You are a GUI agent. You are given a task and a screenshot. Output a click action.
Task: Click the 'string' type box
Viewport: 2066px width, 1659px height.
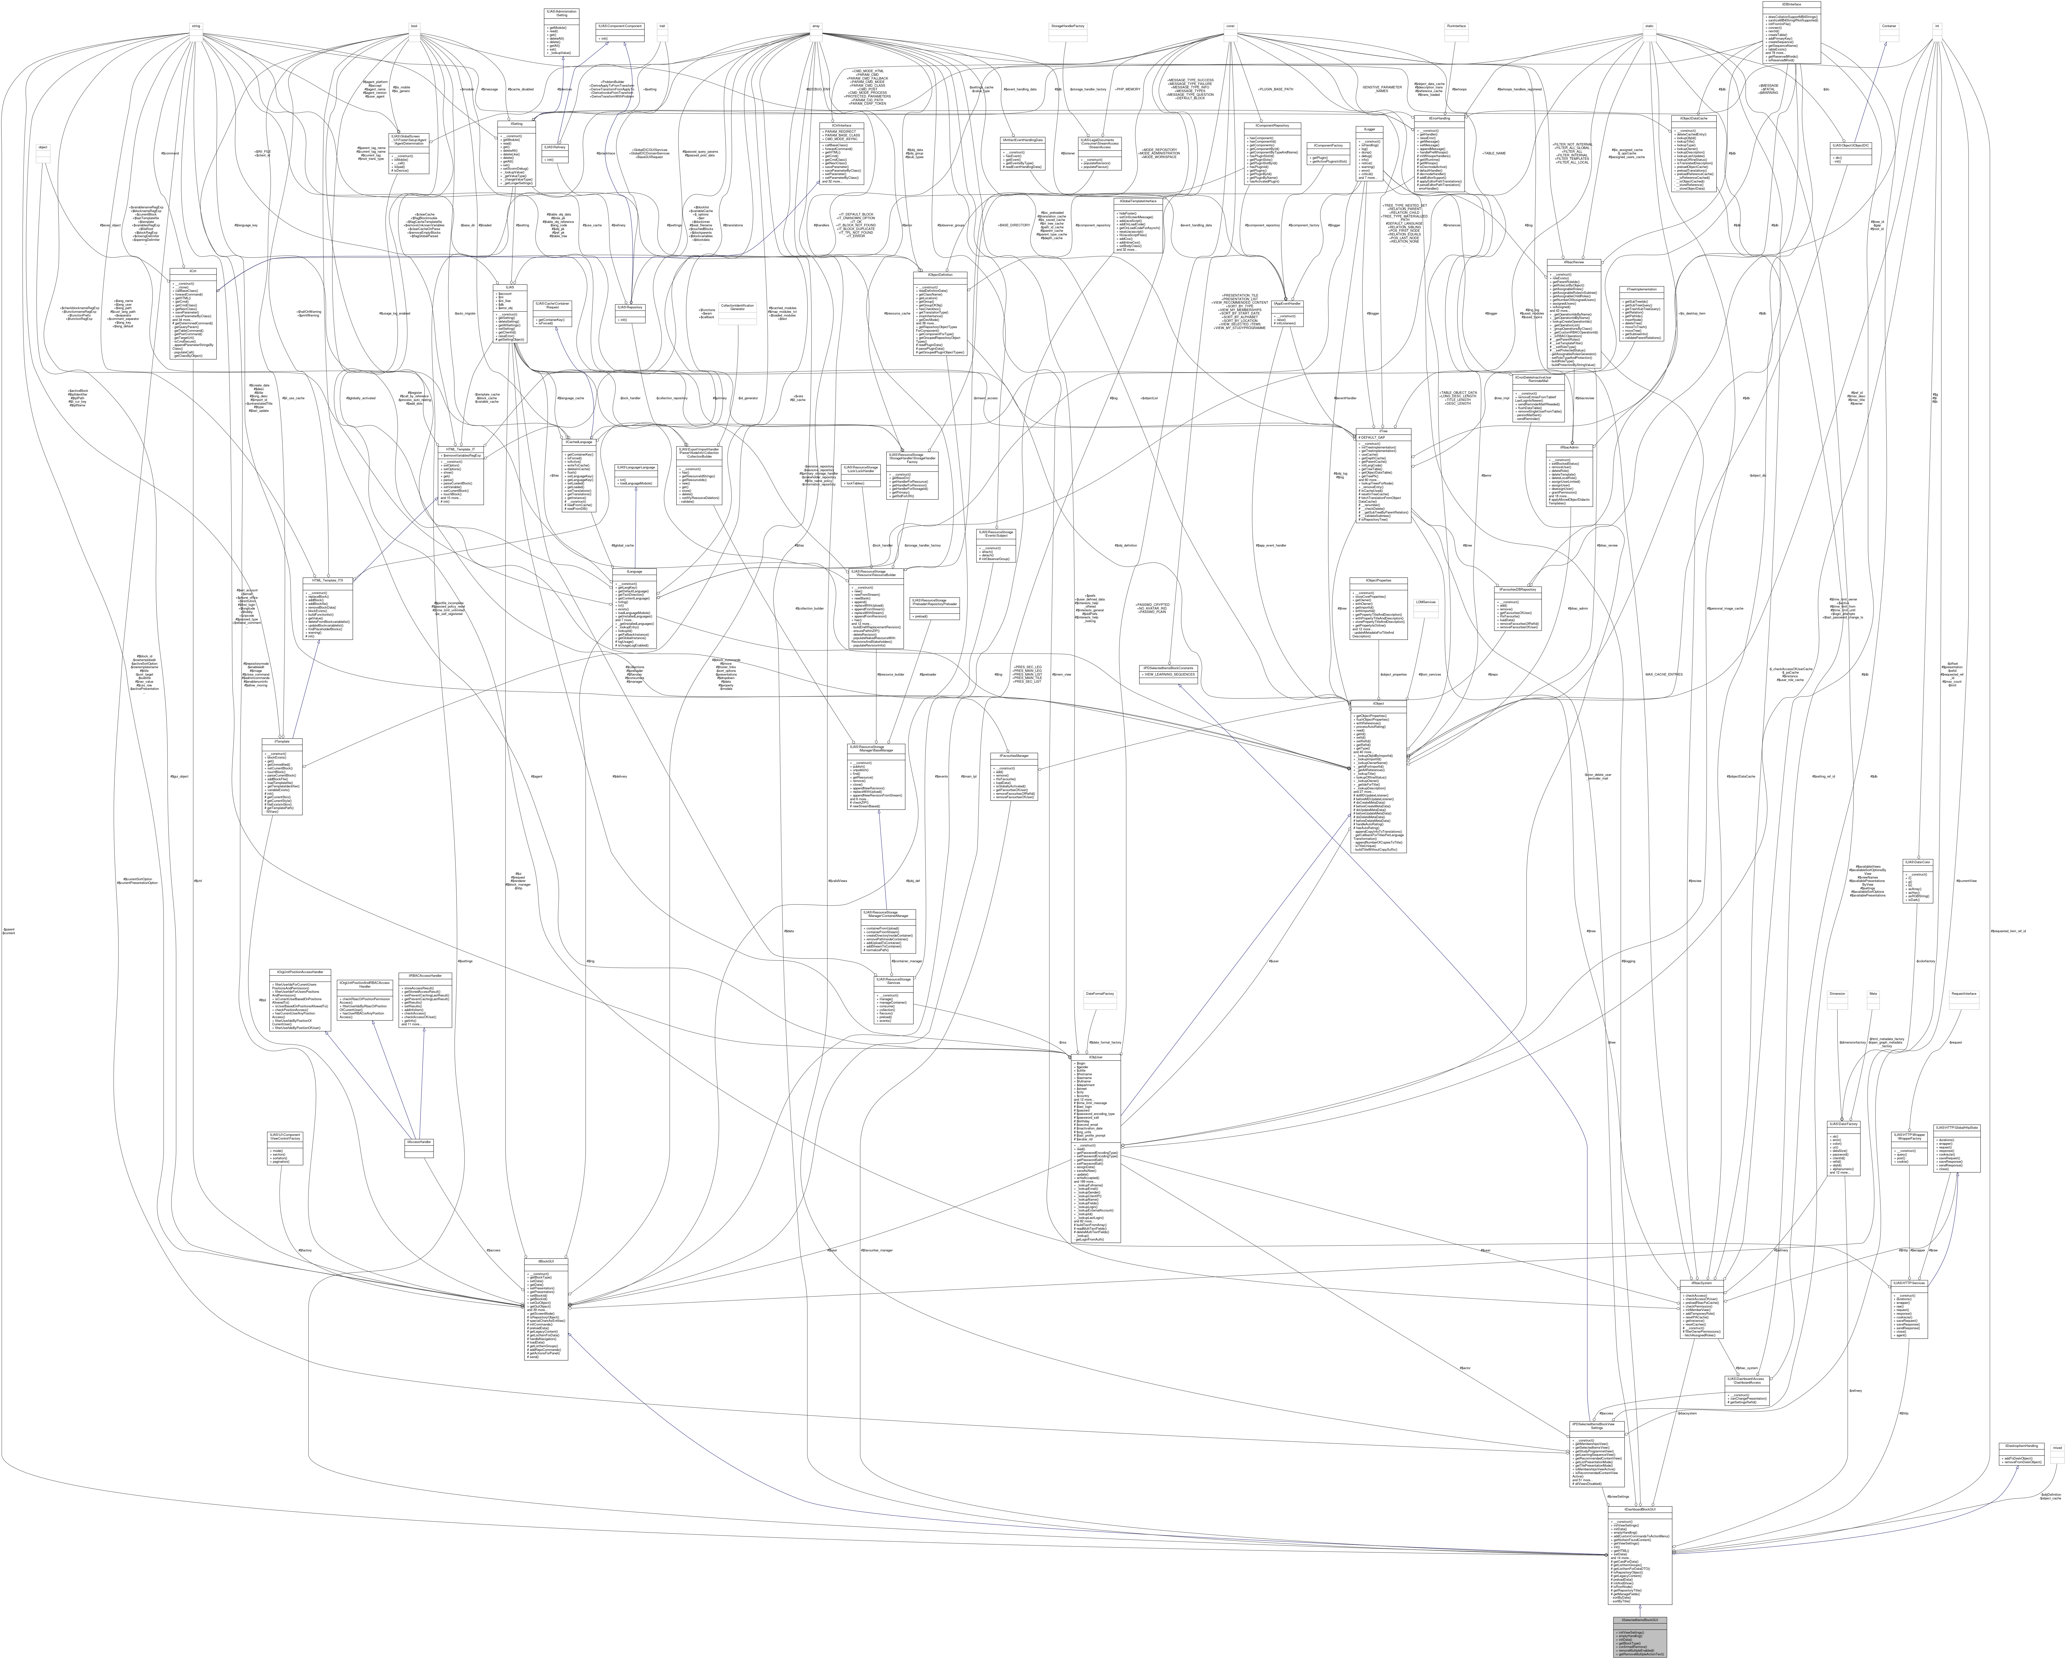click(x=196, y=26)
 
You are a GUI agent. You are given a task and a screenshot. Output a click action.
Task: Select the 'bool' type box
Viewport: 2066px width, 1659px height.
click(x=413, y=26)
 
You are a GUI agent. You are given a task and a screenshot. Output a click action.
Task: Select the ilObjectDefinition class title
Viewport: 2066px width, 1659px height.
click(x=940, y=275)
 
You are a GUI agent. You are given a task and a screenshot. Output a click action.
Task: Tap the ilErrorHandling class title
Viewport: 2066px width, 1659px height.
click(x=1438, y=119)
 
